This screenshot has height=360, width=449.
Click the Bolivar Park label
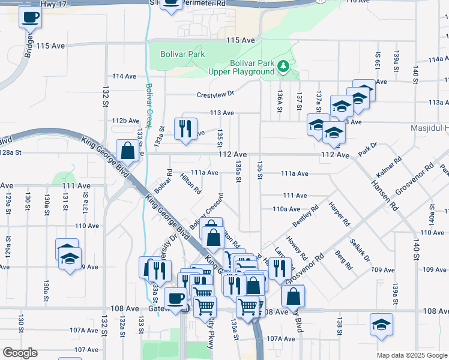coord(182,54)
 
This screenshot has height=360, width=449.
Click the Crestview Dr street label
coord(215,94)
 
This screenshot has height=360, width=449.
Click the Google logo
coord(20,353)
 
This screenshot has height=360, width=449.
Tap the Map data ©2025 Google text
coord(412,354)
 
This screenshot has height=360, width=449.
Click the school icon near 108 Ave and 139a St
coord(381,325)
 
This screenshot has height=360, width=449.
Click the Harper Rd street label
coord(340,214)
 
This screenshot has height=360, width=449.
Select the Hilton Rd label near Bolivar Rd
coord(190,184)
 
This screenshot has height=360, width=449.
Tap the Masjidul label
coord(427,129)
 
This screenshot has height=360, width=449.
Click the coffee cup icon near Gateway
coord(175,298)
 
